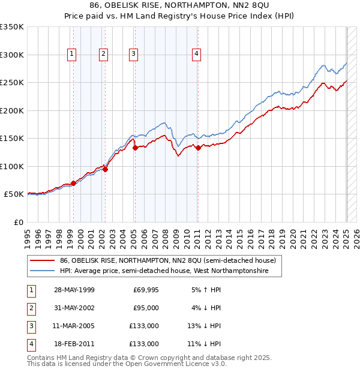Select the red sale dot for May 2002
[x=105, y=169]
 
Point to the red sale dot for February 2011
[x=197, y=148]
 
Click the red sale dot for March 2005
[x=135, y=148]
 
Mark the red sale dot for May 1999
[x=73, y=183]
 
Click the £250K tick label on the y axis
[x=12, y=83]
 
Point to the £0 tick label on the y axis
[x=18, y=222]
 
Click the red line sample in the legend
[x=42, y=261]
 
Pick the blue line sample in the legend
[x=42, y=271]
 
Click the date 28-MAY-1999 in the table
[x=74, y=290]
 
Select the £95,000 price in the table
[x=145, y=308]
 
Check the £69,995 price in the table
[x=145, y=290]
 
